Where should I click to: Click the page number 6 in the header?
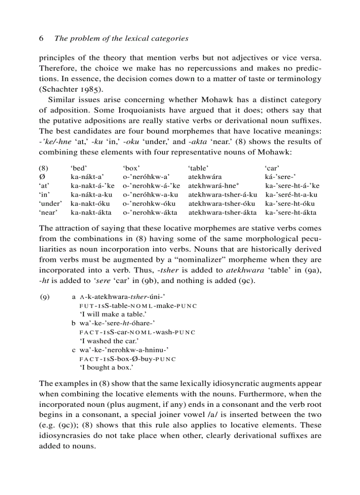tap(41, 38)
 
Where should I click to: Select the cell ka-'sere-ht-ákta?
tap(291, 212)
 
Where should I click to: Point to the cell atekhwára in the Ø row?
tap(208, 176)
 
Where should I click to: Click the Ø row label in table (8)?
tap(41, 176)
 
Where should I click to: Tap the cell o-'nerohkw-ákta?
tap(150, 212)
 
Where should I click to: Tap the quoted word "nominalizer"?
tap(204, 260)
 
